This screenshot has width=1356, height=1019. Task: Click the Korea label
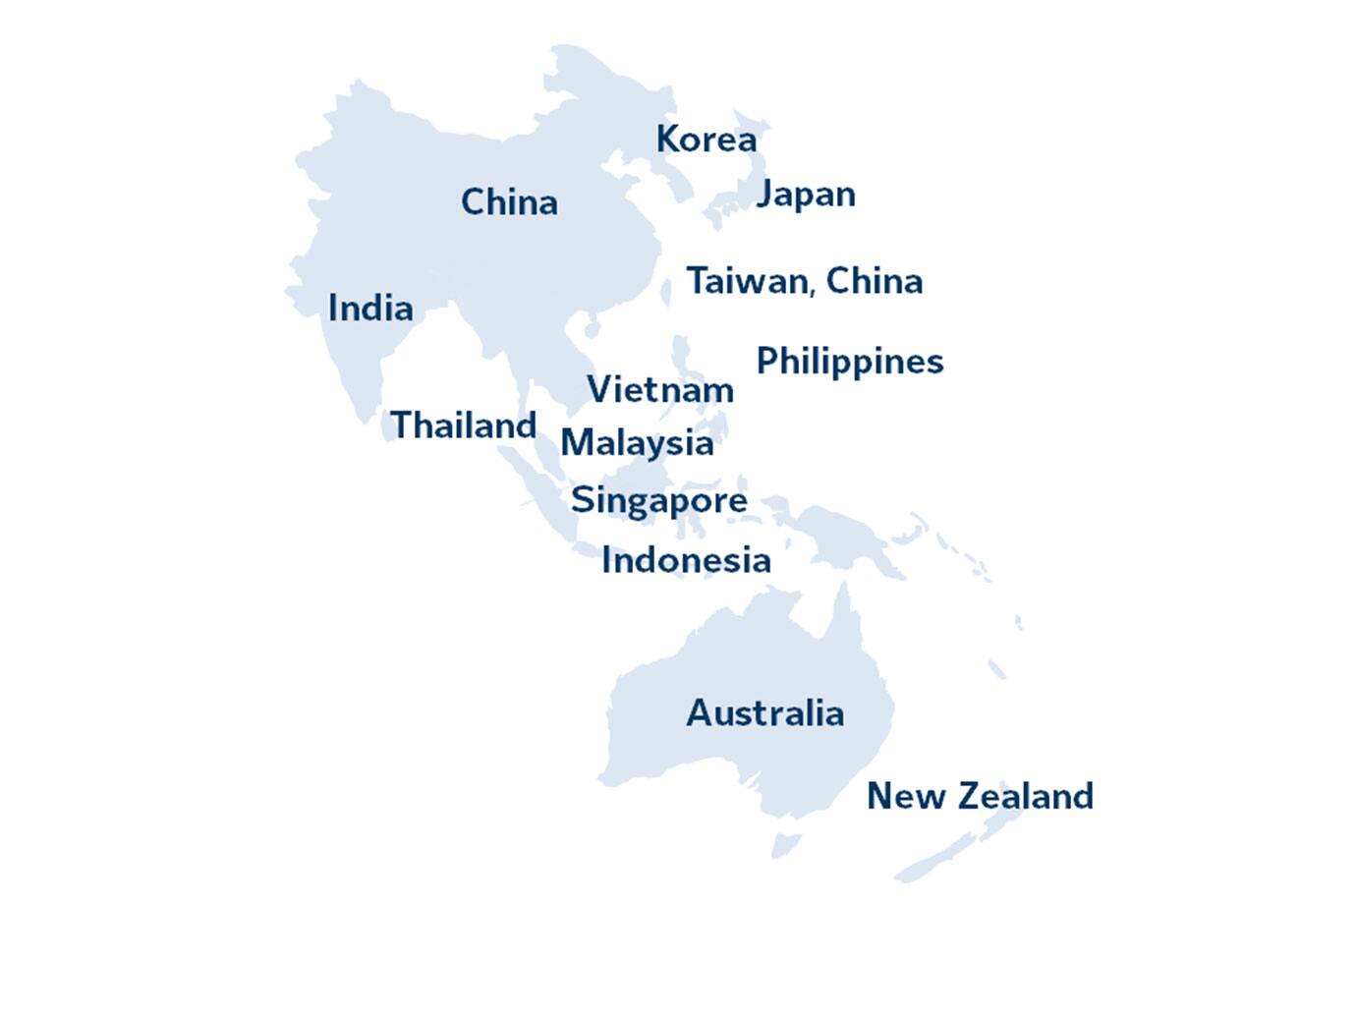pos(706,140)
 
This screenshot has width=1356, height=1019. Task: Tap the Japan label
pos(806,195)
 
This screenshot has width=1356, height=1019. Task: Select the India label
pos(369,309)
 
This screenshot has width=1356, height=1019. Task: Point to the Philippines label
pos(849,362)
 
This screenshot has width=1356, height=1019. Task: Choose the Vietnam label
pos(660,390)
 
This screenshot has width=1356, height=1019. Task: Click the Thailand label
pos(463,425)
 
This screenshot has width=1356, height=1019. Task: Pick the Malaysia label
pos(637,443)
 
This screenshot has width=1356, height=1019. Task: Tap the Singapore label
pos(658,500)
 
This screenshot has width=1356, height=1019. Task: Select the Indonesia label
pos(686,560)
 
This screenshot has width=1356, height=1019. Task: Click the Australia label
pos(764,713)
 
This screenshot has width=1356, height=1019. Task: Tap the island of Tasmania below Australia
pos(785,844)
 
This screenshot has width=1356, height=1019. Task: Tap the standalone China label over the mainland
pos(509,202)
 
